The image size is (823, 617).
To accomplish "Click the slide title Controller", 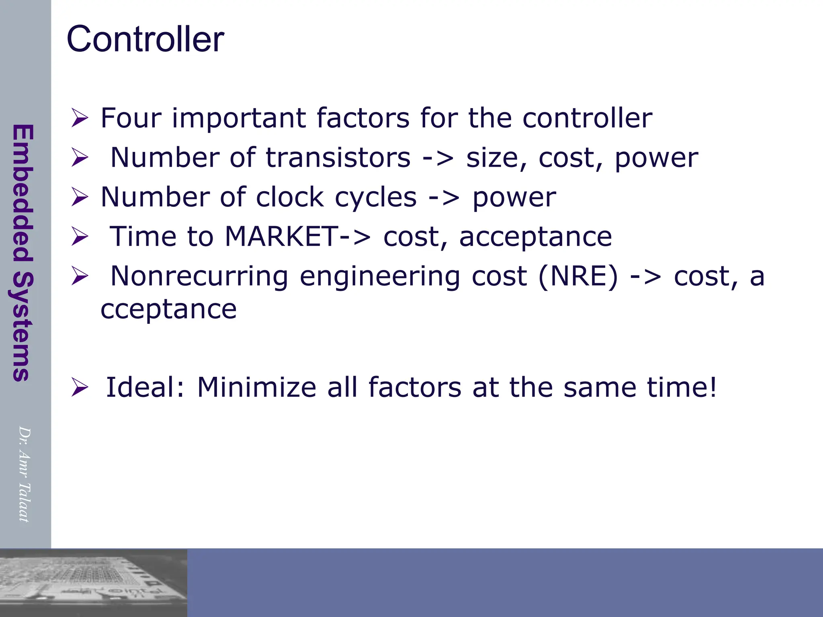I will pos(145,39).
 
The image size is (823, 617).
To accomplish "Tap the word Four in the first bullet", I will pos(131,118).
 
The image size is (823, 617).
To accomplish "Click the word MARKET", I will pos(281,237).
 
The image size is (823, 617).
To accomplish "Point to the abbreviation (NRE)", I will pos(578,276).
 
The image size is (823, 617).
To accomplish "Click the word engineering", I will pos(380,277).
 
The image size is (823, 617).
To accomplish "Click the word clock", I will pos(289,197).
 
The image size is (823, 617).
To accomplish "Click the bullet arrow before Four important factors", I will pos(80,118).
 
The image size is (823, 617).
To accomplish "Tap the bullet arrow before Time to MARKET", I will pos(80,237).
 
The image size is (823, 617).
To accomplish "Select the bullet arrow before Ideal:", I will pos(80,388).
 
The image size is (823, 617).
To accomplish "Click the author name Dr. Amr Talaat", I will pos(24,474).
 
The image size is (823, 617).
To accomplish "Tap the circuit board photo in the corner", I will pos(93,582).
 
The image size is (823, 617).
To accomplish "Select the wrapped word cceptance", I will pos(168,309).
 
